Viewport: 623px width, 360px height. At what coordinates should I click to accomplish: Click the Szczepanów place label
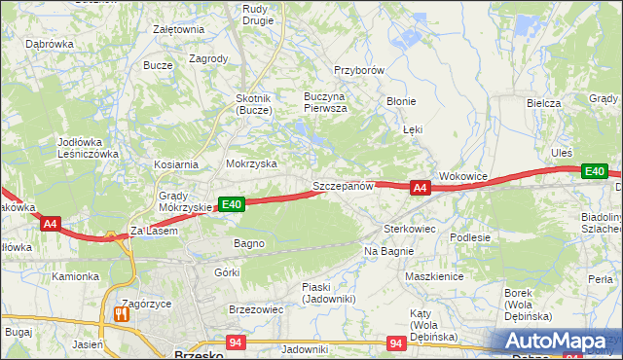[343, 185]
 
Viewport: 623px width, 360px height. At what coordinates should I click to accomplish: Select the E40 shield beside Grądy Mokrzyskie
[231, 204]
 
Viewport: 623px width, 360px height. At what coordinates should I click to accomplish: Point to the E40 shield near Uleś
[595, 172]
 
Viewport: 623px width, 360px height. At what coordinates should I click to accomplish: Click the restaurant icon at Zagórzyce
[122, 314]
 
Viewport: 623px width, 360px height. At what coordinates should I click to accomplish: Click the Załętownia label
[178, 29]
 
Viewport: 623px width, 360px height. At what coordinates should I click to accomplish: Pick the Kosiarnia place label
[175, 165]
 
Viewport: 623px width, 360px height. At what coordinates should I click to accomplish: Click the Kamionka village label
[76, 276]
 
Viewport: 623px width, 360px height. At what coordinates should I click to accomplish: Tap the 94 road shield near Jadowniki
[235, 342]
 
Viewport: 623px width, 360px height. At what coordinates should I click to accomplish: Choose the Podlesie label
[469, 236]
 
